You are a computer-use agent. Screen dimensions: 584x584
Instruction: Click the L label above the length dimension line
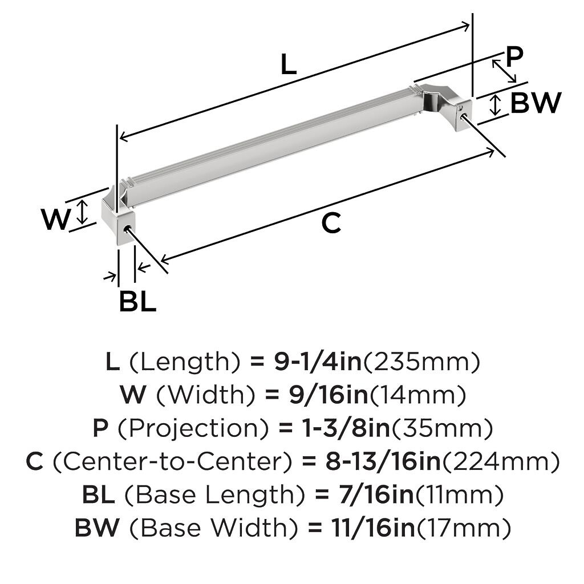click(289, 64)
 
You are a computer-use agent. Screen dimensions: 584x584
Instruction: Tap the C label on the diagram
click(331, 223)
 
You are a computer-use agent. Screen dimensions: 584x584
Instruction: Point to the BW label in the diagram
click(536, 103)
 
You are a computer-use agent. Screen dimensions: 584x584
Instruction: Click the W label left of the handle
click(55, 220)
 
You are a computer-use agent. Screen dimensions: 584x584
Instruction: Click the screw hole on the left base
click(127, 228)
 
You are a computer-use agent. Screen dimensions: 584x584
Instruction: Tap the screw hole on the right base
click(463, 115)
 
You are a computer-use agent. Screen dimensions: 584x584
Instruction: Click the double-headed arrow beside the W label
click(83, 212)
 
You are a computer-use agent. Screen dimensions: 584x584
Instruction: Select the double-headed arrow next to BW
click(495, 105)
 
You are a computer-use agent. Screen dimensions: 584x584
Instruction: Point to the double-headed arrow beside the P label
click(504, 71)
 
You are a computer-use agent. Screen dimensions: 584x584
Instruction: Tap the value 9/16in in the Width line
click(329, 395)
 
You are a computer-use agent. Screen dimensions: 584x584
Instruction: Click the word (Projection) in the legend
click(193, 429)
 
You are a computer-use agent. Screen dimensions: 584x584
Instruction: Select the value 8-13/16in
click(383, 462)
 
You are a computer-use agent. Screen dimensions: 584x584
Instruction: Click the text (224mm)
click(501, 462)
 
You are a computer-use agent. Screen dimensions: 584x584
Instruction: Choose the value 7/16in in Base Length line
click(376, 494)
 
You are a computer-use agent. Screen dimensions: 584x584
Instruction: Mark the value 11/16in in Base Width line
click(374, 528)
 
